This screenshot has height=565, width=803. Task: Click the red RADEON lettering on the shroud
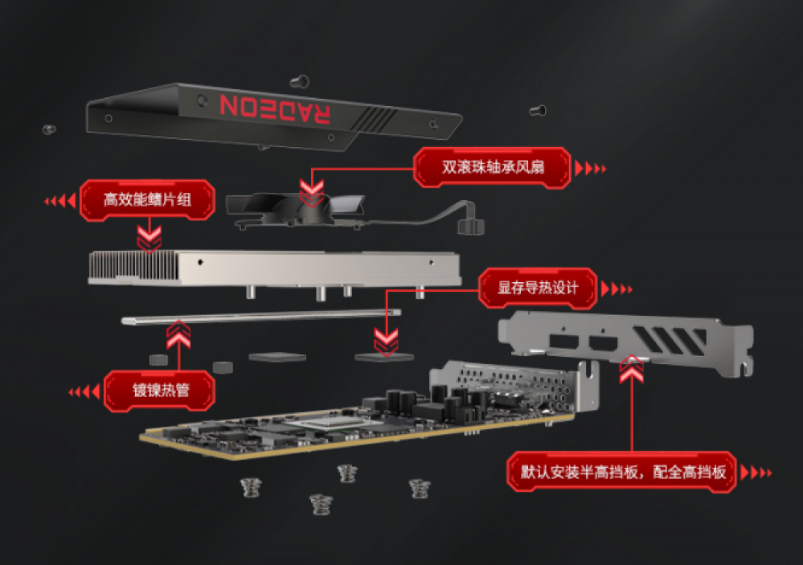click(x=275, y=108)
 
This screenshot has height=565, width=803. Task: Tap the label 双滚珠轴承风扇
click(x=492, y=167)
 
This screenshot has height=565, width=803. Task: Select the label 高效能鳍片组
click(x=147, y=200)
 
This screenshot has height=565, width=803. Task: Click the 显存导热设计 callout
click(x=538, y=288)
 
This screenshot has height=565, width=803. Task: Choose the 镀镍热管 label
click(x=160, y=391)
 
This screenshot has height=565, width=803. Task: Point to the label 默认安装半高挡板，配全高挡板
click(x=622, y=472)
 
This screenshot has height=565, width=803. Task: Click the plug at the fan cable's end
click(x=471, y=226)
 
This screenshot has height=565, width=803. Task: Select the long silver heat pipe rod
click(x=261, y=317)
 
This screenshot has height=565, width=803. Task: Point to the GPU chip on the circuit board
click(x=326, y=423)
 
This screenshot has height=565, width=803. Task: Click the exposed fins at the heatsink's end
click(x=133, y=266)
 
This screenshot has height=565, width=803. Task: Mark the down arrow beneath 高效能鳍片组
click(x=149, y=239)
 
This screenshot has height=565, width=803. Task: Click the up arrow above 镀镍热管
click(x=178, y=334)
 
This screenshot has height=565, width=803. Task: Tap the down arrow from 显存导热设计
click(x=386, y=342)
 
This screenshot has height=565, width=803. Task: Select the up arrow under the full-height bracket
click(x=632, y=369)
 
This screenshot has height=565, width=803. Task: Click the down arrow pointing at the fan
click(x=311, y=193)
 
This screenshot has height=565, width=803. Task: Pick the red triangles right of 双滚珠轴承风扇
click(x=591, y=168)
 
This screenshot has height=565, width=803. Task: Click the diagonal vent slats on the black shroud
click(x=375, y=119)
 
